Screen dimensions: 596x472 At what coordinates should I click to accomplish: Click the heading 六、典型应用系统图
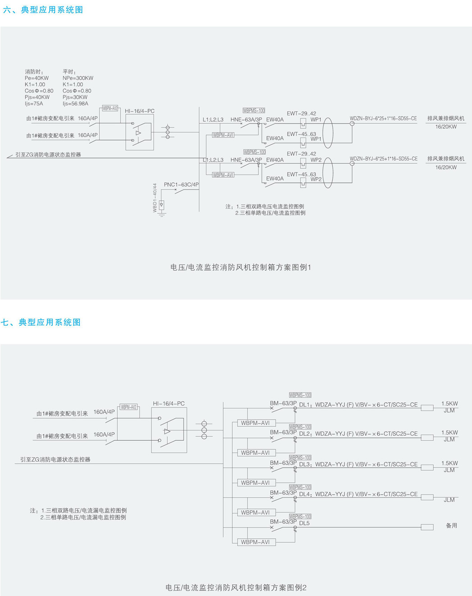coord(43,10)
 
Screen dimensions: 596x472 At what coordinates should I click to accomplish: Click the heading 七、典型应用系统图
coord(41,322)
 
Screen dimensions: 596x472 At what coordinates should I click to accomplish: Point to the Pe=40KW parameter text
coord(37,78)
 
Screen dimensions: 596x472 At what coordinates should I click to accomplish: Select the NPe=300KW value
coord(78,78)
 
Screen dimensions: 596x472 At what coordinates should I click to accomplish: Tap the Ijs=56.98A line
coord(75,103)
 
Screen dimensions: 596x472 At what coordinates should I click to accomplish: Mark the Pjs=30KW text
coord(75,97)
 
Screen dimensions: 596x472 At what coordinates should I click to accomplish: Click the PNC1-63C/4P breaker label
coord(181,185)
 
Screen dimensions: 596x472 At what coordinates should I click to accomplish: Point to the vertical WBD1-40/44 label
coord(155,197)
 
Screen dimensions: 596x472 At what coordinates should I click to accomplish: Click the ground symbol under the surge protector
coord(161,214)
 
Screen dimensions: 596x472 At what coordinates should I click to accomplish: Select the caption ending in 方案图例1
coord(241,267)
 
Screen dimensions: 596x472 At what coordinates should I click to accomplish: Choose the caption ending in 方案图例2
coord(236,587)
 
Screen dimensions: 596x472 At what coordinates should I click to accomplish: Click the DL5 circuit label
coord(304,523)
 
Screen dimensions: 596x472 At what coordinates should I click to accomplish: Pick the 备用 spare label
coord(451,525)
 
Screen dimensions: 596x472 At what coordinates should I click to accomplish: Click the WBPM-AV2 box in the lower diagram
coord(128,407)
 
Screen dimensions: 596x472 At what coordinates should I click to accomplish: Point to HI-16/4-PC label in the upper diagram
coord(139,111)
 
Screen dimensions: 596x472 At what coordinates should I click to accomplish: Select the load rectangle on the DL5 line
coord(426,527)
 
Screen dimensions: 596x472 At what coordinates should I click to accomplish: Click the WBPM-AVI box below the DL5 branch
coord(255,542)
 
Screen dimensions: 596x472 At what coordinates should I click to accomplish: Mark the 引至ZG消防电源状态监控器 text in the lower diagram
coord(55,459)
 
